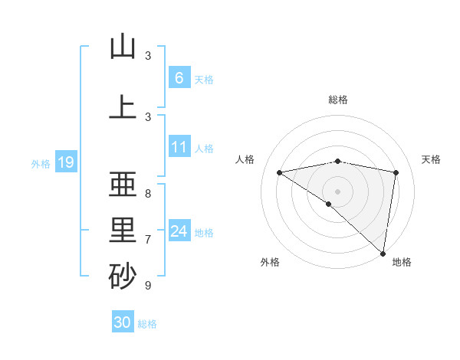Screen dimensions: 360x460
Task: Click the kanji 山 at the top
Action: [x=123, y=47]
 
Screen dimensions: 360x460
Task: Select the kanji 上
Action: [x=123, y=108]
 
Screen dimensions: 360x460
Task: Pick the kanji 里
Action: [x=123, y=231]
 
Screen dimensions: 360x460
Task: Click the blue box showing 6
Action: [x=179, y=78]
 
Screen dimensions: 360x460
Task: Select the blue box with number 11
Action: [x=179, y=147]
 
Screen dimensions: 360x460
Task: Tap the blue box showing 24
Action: [x=179, y=231]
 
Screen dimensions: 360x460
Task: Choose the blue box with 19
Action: [x=65, y=162]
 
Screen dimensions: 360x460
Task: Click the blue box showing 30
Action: [x=123, y=322]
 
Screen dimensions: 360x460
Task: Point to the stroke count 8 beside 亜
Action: [x=148, y=193]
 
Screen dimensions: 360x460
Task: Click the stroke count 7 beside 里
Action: [x=148, y=239]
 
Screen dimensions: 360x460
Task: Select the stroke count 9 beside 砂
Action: [x=148, y=286]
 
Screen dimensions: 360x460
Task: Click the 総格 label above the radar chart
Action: [x=337, y=100]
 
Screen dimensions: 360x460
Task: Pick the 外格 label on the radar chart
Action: [x=270, y=262]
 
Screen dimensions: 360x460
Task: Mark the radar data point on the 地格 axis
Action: [x=383, y=253]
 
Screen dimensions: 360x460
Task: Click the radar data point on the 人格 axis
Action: [x=279, y=172]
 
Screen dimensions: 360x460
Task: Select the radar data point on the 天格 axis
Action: [x=396, y=172]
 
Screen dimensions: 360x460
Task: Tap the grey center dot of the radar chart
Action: [x=337, y=190]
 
